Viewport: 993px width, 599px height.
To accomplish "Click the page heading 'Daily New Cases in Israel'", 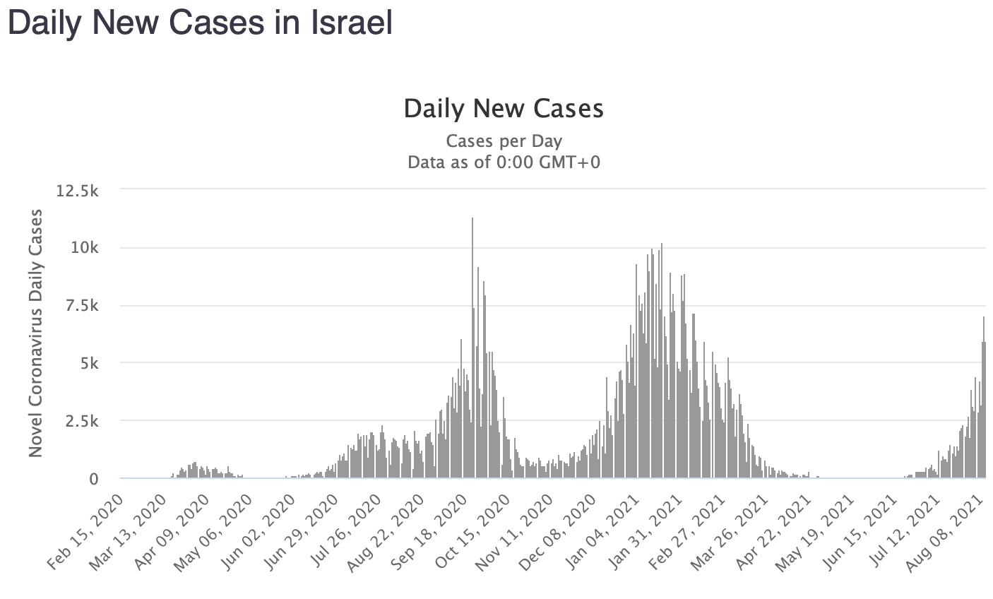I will click(199, 23).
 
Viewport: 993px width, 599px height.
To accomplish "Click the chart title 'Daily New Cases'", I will click(504, 108).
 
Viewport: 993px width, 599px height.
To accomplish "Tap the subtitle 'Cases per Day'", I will click(504, 141).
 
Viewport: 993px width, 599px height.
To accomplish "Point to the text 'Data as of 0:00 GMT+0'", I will click(504, 162).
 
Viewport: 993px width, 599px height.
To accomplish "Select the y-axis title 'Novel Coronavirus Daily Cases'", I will click(36, 333).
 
